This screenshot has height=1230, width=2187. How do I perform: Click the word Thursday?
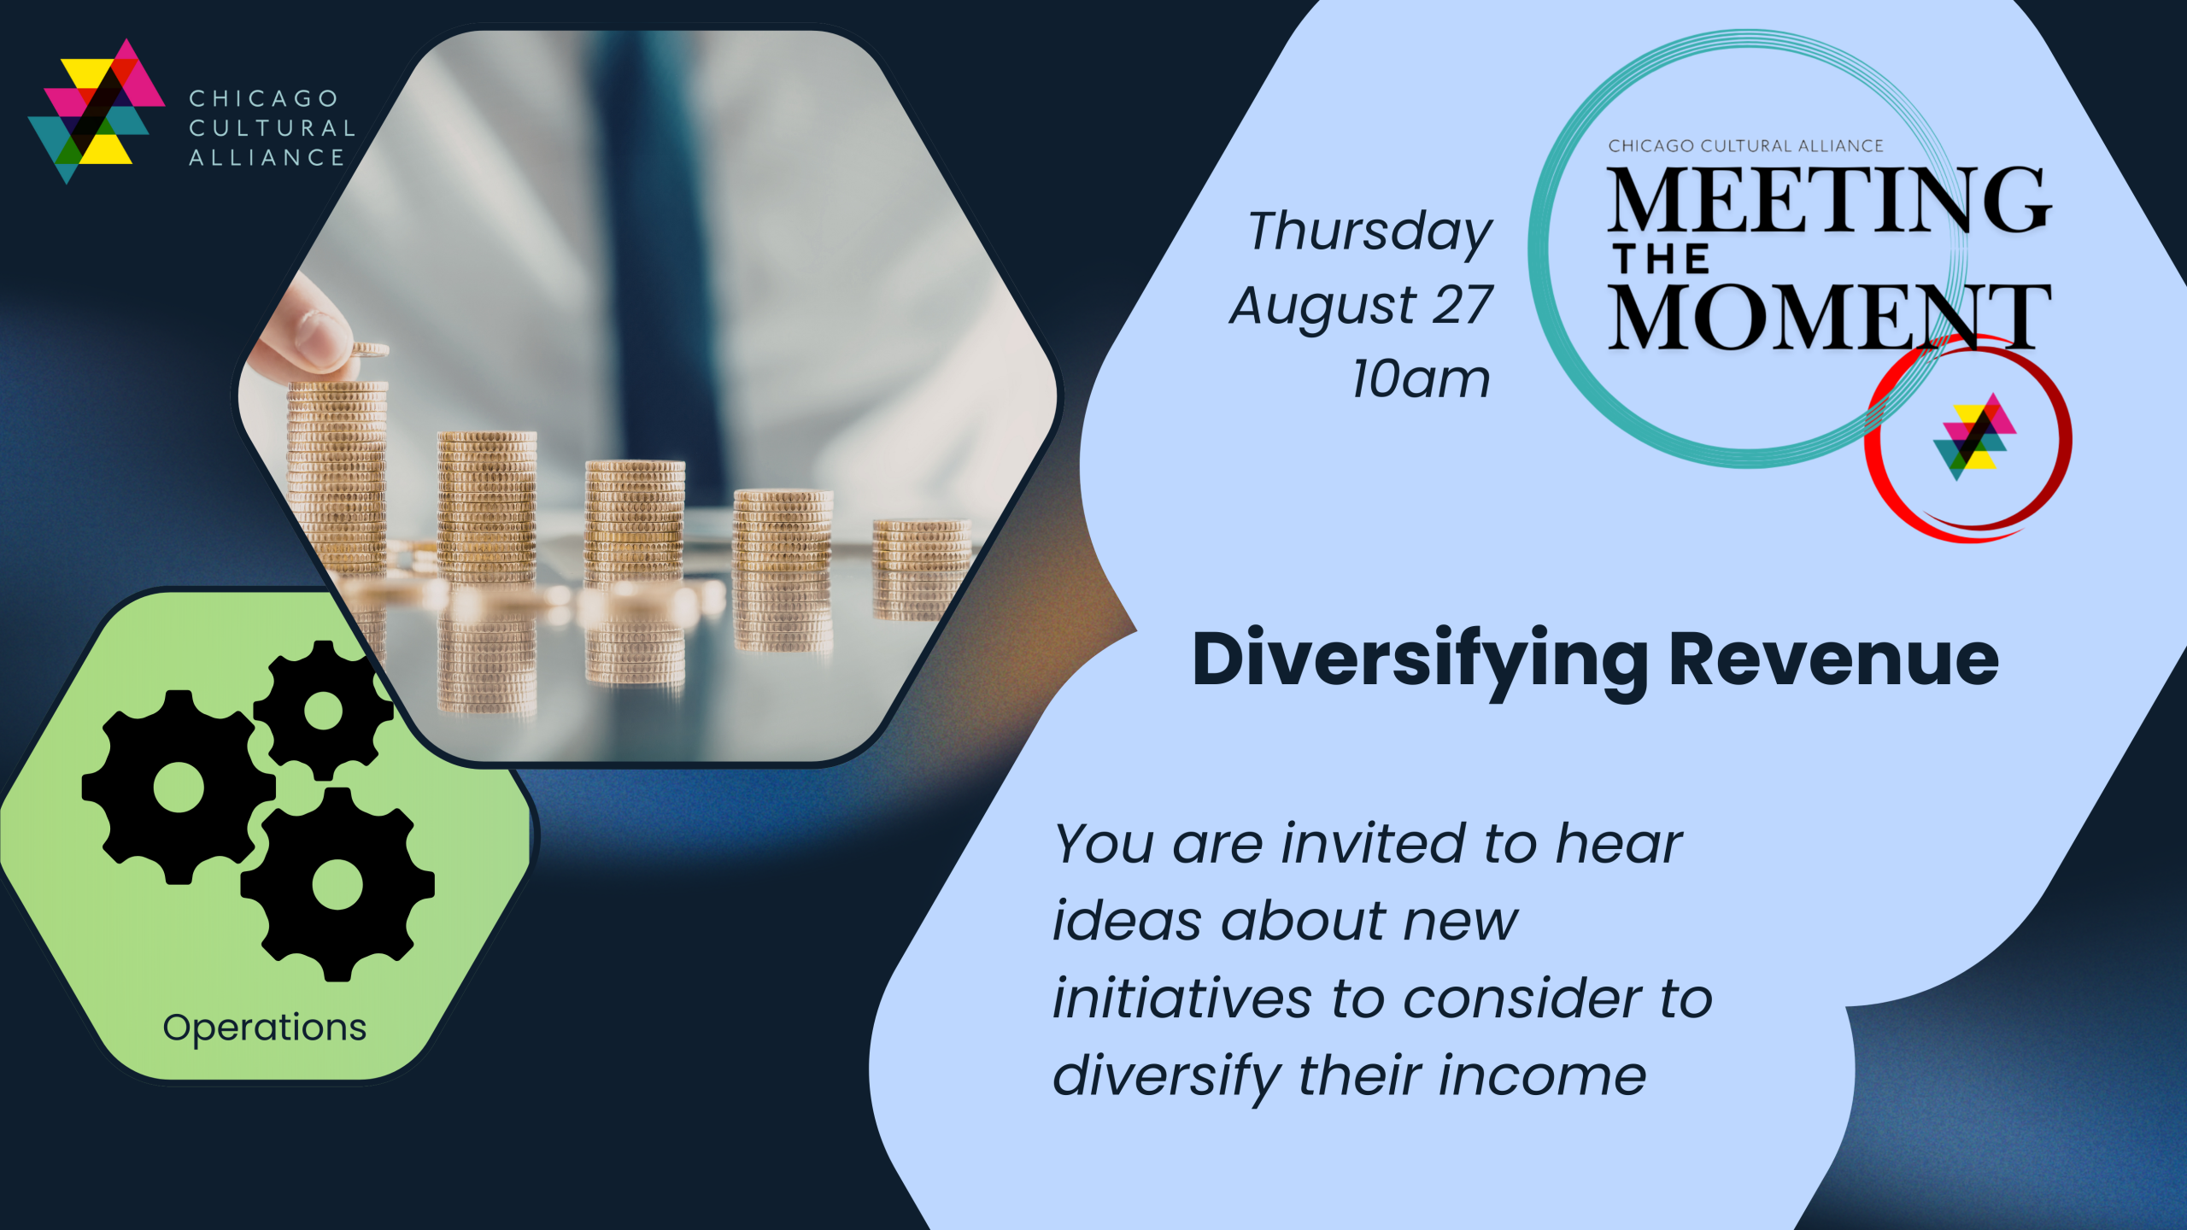coord(1369,232)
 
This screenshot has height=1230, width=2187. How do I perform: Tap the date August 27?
coord(1361,306)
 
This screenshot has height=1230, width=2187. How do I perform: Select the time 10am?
coord(1421,378)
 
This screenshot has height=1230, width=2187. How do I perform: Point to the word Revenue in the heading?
coord(1834,659)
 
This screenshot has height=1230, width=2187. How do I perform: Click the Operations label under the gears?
coord(264,1028)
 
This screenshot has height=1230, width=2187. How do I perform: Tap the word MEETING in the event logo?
coord(1829,201)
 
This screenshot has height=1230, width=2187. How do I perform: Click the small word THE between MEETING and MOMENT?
coord(1662,260)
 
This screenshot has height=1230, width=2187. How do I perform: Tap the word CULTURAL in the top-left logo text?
coord(272,128)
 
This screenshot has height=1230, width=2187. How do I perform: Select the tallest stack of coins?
coord(337,478)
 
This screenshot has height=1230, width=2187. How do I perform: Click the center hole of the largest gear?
coord(179,787)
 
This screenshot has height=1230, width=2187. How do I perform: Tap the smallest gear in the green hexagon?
coord(323,711)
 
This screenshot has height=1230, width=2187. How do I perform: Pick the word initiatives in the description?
coord(1182,999)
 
